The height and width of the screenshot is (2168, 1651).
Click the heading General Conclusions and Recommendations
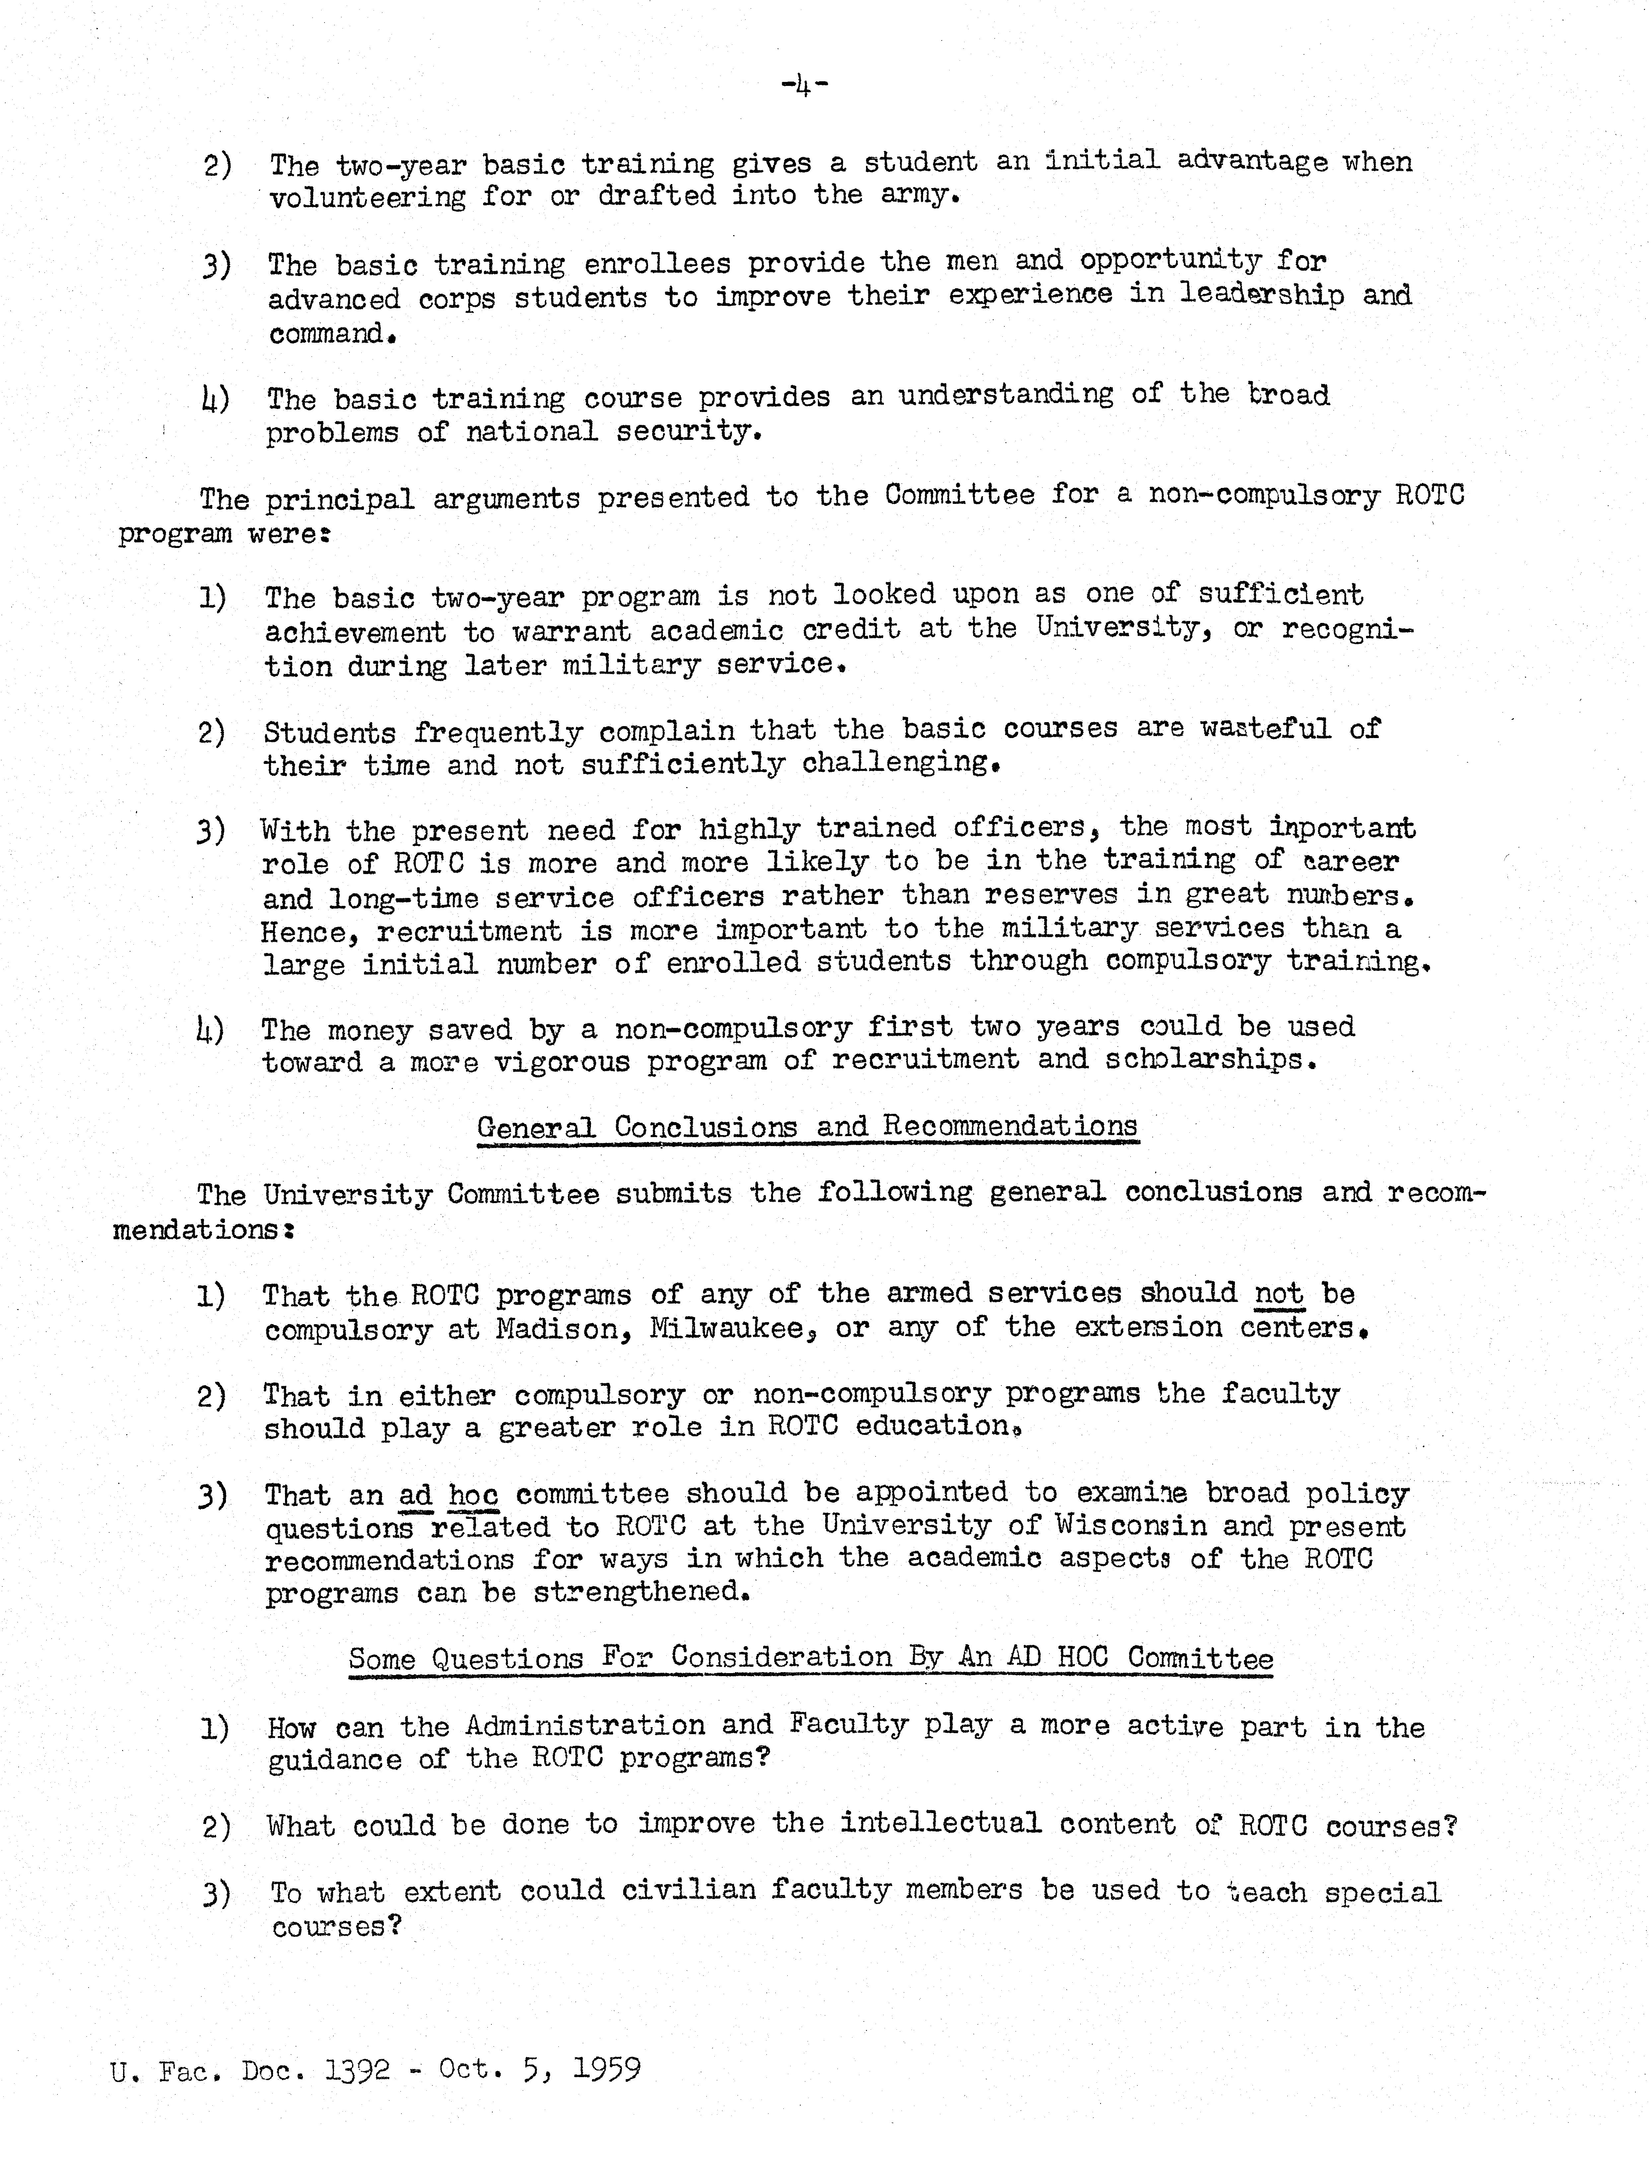[x=807, y=1126]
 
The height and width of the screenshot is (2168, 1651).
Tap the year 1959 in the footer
[x=606, y=2069]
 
